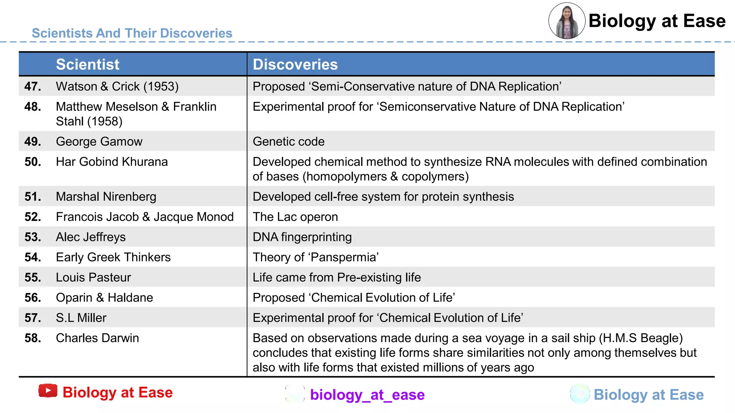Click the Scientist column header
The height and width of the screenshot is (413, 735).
(88, 65)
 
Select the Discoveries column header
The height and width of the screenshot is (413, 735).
(295, 65)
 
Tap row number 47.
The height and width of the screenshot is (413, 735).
(33, 86)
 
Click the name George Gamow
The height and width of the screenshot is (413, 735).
(99, 142)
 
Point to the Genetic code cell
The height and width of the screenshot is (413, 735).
(289, 142)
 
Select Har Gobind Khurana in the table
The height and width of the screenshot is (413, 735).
(112, 162)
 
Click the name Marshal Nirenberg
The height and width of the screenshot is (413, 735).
(106, 196)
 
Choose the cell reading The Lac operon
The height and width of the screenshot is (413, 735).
(295, 217)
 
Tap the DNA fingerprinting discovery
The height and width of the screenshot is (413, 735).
(302, 237)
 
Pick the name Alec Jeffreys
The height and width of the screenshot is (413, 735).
(91, 237)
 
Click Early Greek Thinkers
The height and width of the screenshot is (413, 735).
(113, 257)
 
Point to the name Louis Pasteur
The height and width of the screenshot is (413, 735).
(93, 277)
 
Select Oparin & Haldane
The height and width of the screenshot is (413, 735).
(104, 298)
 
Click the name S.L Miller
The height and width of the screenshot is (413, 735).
(81, 318)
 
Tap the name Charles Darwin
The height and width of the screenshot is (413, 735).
(97, 338)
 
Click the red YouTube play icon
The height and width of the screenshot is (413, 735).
(48, 391)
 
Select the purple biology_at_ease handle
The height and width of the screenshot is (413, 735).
(367, 395)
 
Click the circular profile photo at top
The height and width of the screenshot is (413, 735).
(567, 21)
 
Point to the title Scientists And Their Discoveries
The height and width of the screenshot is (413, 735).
(132, 33)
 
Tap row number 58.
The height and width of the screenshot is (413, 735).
(33, 338)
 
